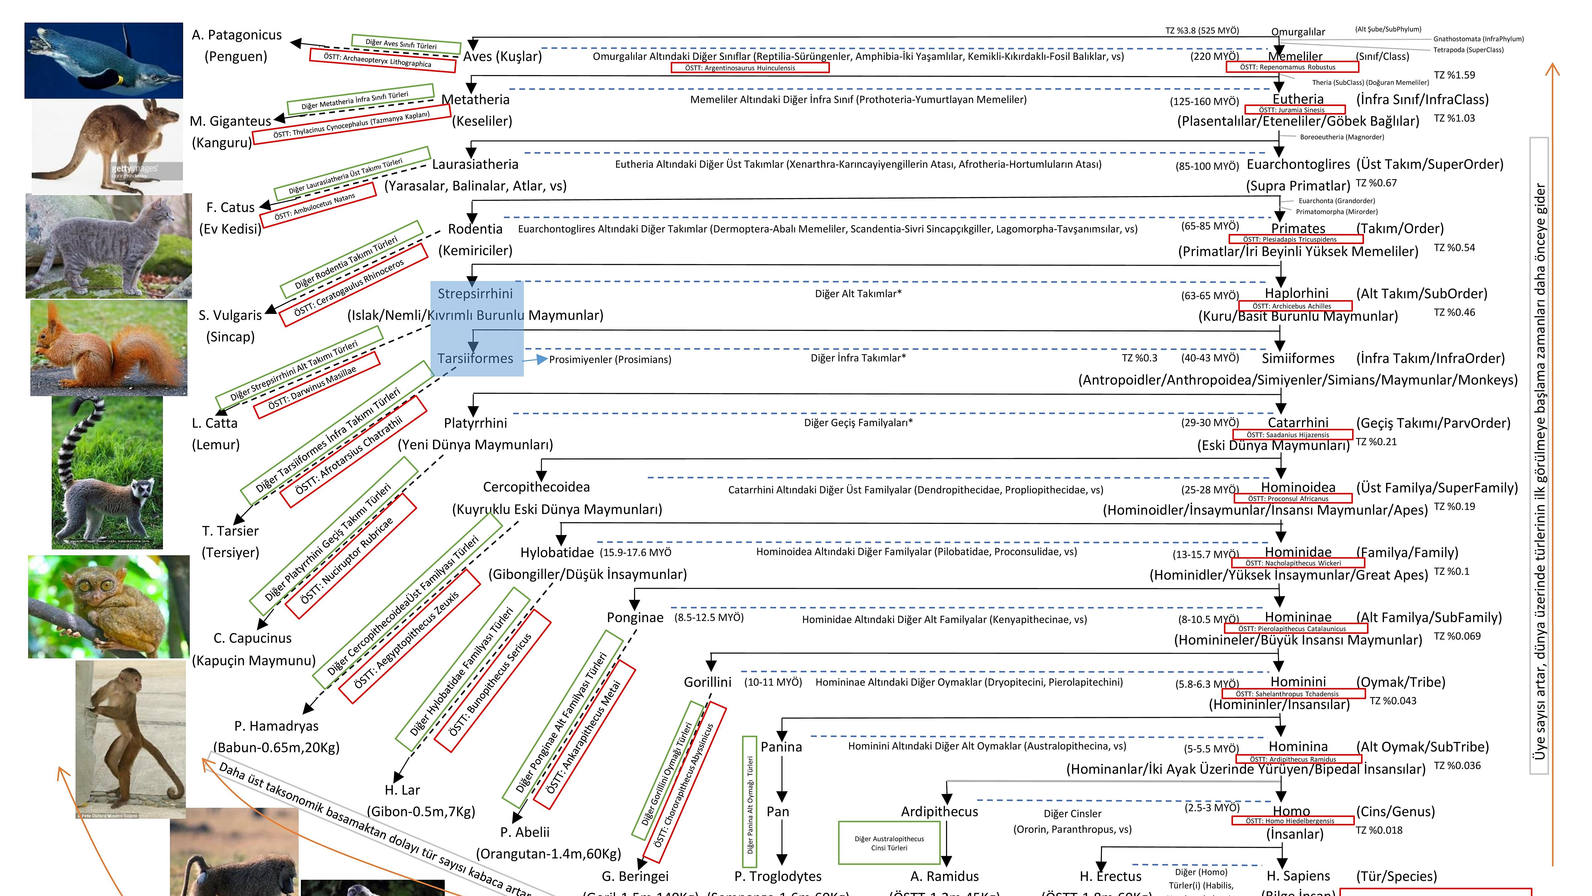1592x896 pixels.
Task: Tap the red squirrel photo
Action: click(109, 347)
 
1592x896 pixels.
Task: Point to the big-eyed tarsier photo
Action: click(109, 606)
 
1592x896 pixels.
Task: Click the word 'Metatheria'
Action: click(475, 99)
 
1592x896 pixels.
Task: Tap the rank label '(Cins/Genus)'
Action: click(1395, 811)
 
